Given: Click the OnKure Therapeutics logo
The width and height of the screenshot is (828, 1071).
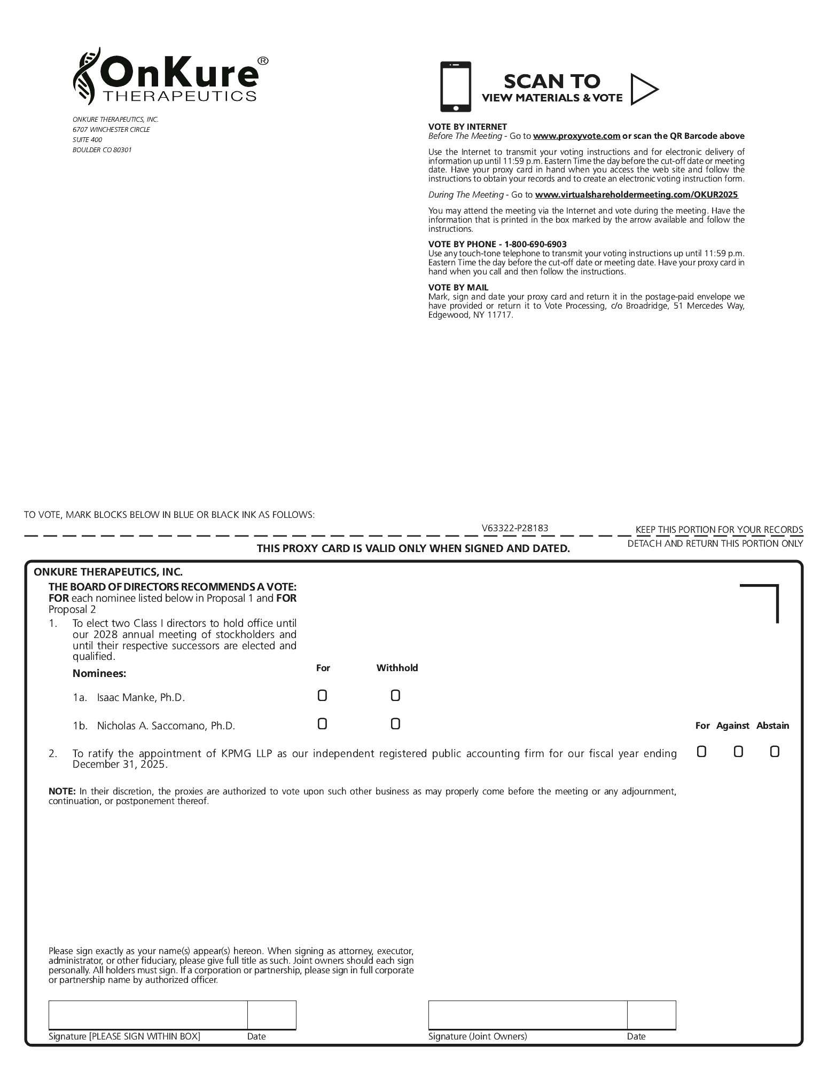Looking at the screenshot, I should click(170, 76).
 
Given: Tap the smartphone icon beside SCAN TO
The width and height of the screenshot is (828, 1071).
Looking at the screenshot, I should click(455, 86).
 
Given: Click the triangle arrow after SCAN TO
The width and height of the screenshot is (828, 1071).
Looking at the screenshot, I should click(644, 89).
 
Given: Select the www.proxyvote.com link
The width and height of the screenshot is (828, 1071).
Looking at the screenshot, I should click(576, 136).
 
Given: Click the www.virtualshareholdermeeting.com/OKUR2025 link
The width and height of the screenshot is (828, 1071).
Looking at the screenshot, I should click(636, 195).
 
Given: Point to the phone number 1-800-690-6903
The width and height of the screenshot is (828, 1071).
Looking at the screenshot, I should click(533, 244).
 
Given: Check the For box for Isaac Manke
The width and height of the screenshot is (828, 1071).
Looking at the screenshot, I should click(322, 696).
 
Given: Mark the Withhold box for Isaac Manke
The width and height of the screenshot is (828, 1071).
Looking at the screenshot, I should click(395, 696).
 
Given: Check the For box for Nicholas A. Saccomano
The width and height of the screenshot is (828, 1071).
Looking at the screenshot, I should click(322, 724).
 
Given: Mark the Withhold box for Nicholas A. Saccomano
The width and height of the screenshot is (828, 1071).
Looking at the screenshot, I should click(395, 724).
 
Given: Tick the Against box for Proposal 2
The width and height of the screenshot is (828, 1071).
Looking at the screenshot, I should click(738, 752).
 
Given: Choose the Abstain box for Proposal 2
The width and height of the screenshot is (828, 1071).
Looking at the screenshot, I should click(775, 752).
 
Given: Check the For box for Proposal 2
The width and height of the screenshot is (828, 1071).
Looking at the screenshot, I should click(701, 752).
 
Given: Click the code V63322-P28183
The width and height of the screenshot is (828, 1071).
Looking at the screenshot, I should click(514, 528).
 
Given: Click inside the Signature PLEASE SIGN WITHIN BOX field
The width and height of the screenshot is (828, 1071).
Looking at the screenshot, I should click(148, 1014).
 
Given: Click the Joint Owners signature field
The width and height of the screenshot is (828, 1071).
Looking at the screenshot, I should click(527, 1014).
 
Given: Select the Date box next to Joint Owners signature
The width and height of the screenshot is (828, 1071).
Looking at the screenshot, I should click(651, 1014).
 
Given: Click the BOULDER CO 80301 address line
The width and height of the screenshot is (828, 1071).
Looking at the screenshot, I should click(102, 150).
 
